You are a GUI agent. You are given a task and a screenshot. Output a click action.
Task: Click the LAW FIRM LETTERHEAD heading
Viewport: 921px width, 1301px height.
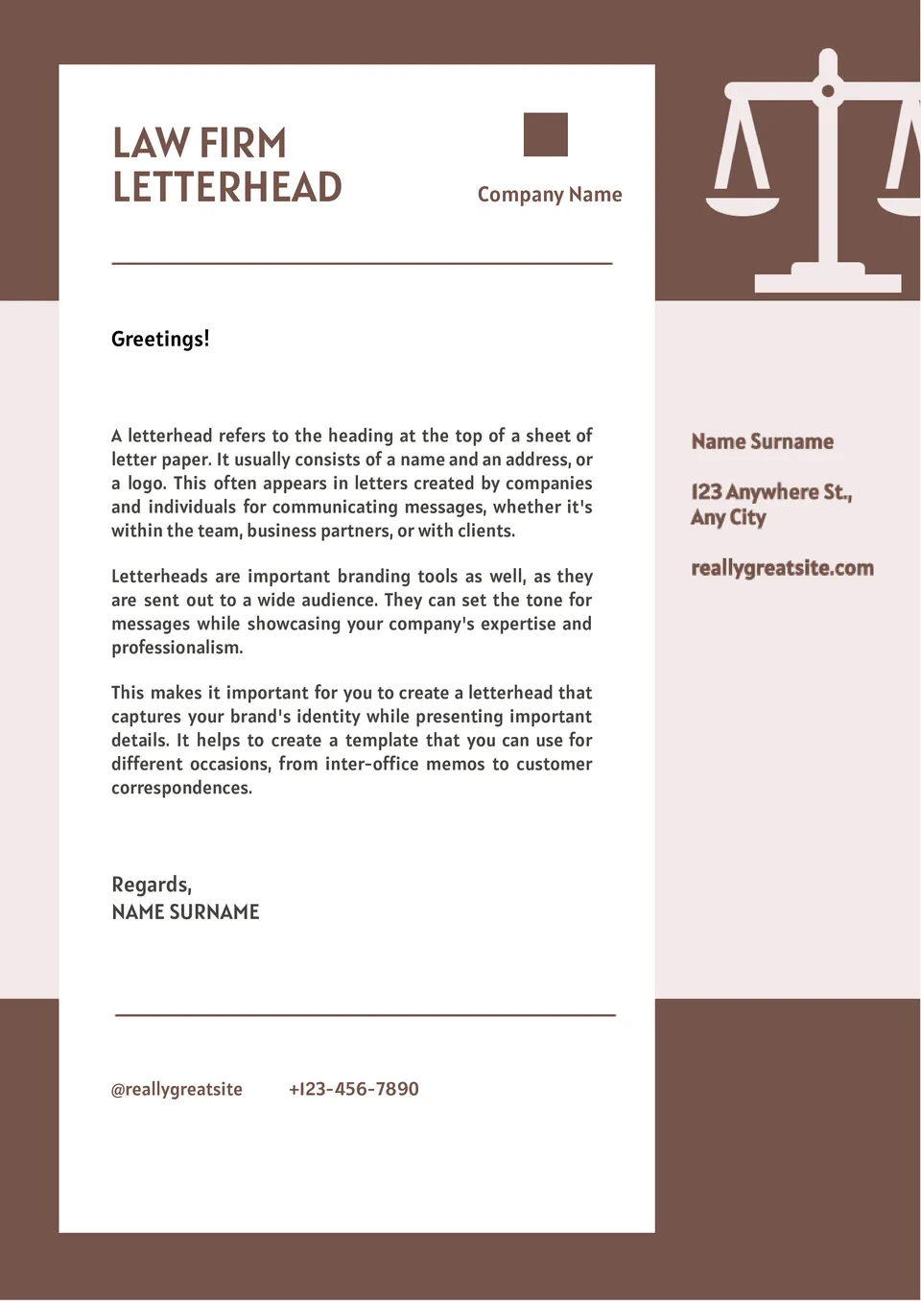tap(226, 165)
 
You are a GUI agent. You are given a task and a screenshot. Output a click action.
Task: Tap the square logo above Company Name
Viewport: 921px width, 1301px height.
tap(546, 134)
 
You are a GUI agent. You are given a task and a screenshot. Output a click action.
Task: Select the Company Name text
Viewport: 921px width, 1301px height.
tap(550, 195)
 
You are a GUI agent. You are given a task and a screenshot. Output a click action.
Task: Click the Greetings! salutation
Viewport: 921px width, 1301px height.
tap(160, 339)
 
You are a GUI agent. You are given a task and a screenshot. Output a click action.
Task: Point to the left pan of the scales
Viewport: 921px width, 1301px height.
tap(743, 203)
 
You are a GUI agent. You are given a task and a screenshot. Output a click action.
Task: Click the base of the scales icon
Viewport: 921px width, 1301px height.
tap(827, 282)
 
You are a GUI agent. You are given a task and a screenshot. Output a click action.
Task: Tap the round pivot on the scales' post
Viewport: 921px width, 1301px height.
tap(828, 92)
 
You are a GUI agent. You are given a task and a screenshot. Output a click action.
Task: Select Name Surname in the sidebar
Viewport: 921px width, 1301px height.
tap(763, 441)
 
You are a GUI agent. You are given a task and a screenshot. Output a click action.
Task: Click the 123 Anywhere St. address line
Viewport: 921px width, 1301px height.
tap(771, 492)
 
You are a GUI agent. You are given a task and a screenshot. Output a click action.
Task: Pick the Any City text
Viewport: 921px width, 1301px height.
tap(728, 518)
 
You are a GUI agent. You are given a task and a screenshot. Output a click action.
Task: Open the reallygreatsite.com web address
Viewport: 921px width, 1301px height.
tap(782, 568)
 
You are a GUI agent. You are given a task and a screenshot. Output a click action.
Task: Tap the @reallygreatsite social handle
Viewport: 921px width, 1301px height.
tap(177, 1089)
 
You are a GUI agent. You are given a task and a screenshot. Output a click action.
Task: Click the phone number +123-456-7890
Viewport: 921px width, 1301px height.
tap(354, 1089)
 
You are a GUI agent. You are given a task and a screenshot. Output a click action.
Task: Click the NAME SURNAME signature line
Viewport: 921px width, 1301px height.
tap(185, 912)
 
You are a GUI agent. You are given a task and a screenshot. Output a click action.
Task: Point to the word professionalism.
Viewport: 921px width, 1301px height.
tap(177, 648)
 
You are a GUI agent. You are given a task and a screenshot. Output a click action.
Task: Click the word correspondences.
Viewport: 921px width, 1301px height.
tap(181, 788)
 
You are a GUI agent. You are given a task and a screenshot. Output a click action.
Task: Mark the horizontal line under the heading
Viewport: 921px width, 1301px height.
tap(362, 263)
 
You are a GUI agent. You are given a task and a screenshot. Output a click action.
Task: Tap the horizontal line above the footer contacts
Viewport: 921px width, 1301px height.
tap(365, 1014)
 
